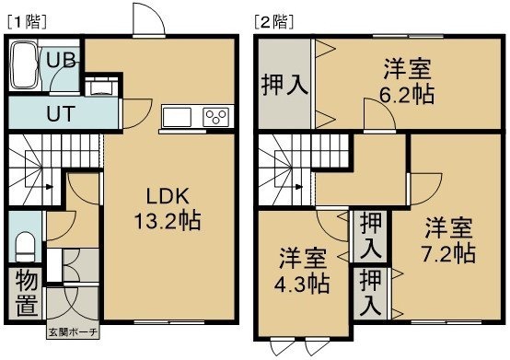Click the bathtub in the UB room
[24, 66]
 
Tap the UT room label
[61, 113]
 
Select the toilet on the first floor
[25, 246]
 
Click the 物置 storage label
[27, 293]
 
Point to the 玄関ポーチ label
[73, 332]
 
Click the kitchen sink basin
[177, 117]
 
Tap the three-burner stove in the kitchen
[215, 117]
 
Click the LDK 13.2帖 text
[168, 209]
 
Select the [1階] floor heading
[27, 22]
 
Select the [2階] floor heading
[274, 22]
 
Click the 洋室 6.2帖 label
[407, 81]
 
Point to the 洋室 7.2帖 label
[448, 240]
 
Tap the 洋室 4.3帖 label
[302, 271]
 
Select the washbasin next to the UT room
[102, 87]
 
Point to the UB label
[62, 60]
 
